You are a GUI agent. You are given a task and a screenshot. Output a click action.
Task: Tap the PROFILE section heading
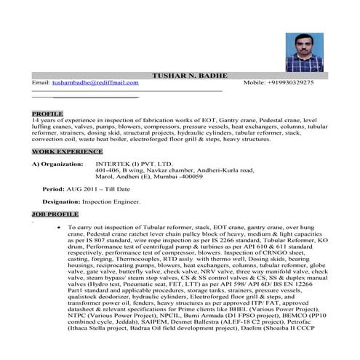pyautogui.click(x=47, y=114)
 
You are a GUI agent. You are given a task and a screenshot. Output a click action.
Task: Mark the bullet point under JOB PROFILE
pyautogui.click(x=57, y=228)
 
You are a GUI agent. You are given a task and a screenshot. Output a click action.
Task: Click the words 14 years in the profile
pyautogui.click(x=44, y=121)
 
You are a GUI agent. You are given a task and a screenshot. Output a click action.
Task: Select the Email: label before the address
pyautogui.click(x=41, y=84)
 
